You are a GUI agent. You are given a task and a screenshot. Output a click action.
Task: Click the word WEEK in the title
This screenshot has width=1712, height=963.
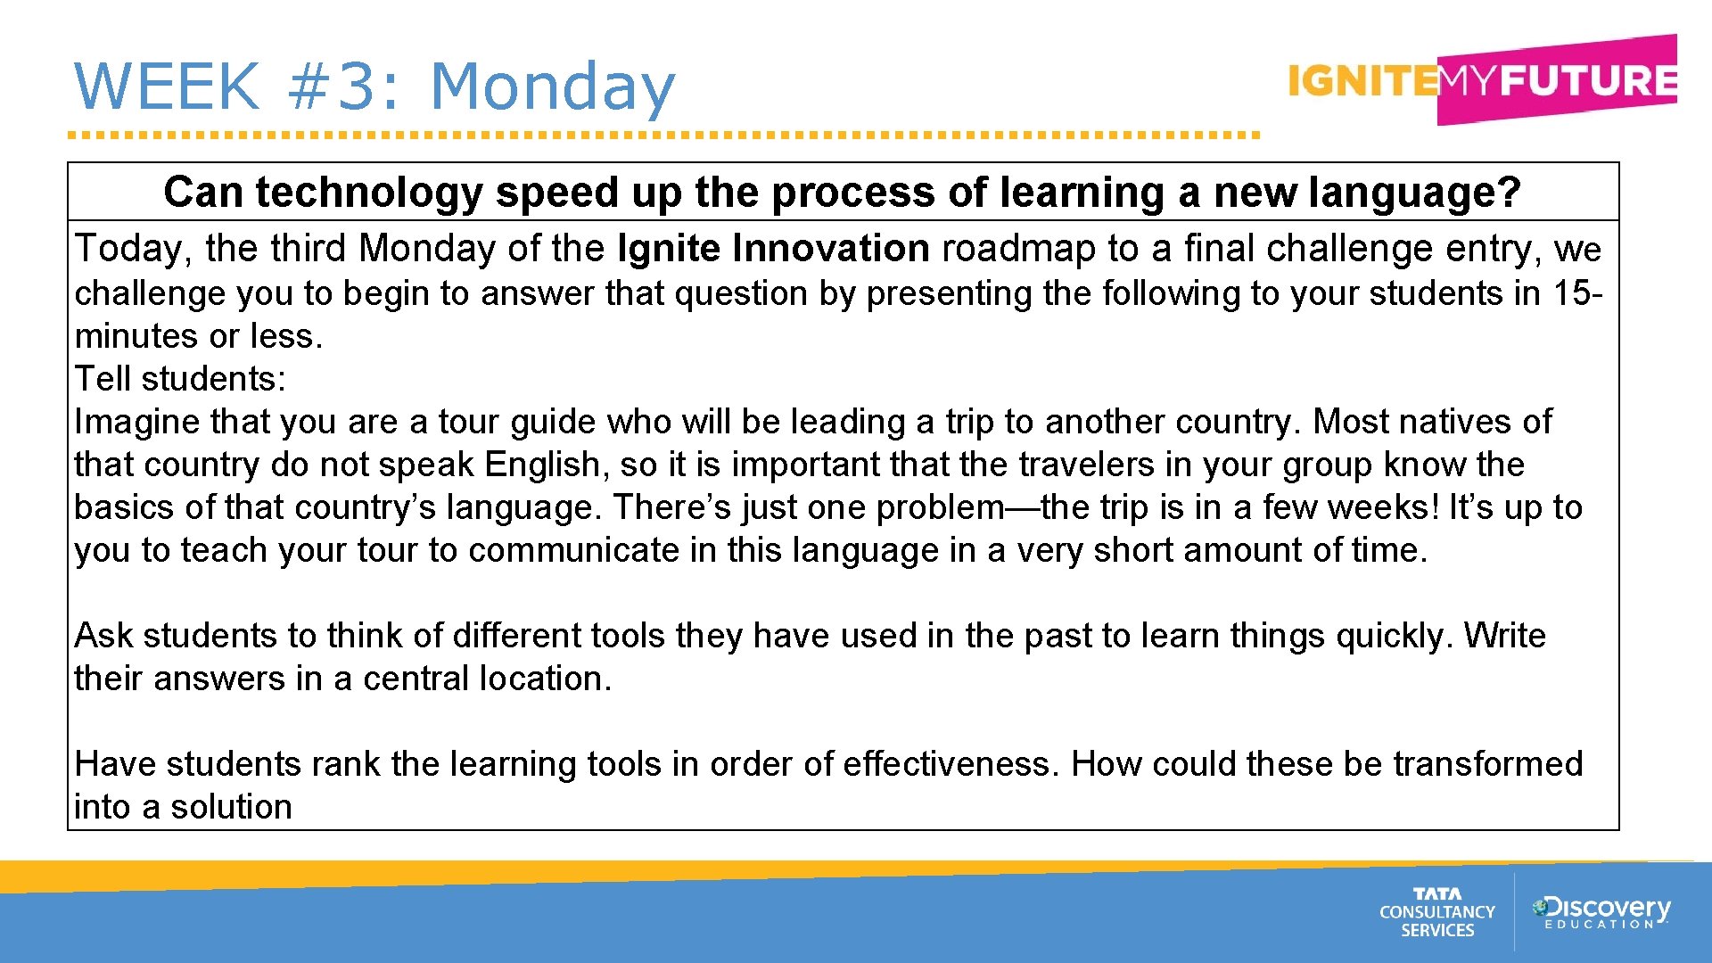pos(167,86)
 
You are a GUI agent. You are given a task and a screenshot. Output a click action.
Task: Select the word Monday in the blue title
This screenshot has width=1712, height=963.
pos(553,88)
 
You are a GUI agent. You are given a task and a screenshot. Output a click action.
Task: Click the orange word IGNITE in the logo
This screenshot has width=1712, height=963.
pos(1362,81)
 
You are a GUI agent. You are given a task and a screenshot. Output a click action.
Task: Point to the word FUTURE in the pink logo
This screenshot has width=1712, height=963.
pos(1587,80)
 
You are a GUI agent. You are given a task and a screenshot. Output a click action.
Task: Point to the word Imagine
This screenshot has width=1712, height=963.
pos(136,422)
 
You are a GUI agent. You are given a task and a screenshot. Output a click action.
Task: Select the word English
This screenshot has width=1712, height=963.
pos(542,465)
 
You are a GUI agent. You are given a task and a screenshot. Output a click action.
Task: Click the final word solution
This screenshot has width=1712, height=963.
pos(231,807)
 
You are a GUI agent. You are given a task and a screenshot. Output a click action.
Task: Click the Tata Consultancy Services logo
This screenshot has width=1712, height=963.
pos(1436,912)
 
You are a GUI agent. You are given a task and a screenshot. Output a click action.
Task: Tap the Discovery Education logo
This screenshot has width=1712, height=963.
pos(1601,912)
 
